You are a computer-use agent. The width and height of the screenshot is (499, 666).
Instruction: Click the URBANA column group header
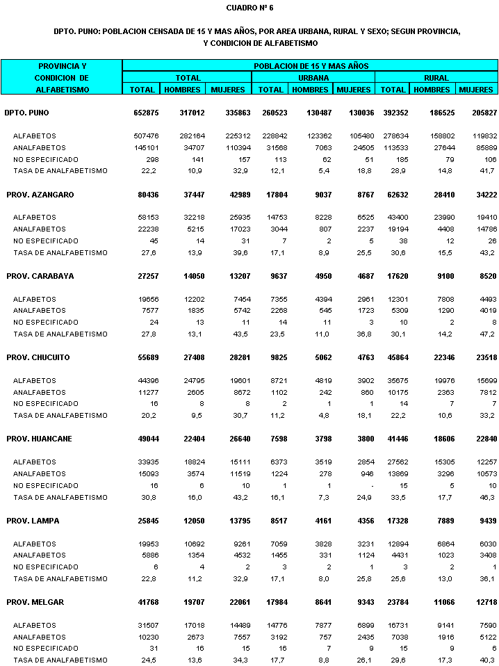coord(313,78)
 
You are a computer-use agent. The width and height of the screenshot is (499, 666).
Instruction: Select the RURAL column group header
coord(436,78)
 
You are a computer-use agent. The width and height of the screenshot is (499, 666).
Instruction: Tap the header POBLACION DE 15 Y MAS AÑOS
coord(310,66)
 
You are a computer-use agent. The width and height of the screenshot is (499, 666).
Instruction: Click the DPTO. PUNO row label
coord(26,113)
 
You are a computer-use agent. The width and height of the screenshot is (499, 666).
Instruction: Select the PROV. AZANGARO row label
coord(40,195)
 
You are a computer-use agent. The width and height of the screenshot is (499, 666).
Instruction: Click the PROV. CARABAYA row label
coord(40,276)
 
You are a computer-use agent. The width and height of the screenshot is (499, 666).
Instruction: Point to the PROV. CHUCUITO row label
coord(40,357)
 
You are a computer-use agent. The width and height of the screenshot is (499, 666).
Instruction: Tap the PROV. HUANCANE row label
coord(40,439)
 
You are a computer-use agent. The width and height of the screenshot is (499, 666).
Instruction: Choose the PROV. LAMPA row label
coord(33,521)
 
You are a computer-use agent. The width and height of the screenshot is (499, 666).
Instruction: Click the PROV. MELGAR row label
coord(35,602)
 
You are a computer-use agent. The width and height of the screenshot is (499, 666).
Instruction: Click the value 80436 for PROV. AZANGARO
coord(148,195)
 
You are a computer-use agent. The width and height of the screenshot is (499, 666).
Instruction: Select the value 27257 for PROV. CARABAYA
coord(148,276)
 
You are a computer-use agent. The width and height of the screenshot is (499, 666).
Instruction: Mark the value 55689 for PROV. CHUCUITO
coord(148,357)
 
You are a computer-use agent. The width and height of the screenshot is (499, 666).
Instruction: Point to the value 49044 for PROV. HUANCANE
coord(148,439)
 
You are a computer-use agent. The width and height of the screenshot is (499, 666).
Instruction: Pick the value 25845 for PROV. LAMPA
coord(148,521)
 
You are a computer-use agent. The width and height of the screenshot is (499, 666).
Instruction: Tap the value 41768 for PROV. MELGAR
coord(148,602)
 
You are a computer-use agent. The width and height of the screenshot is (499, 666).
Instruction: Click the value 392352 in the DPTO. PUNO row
coord(393,113)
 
